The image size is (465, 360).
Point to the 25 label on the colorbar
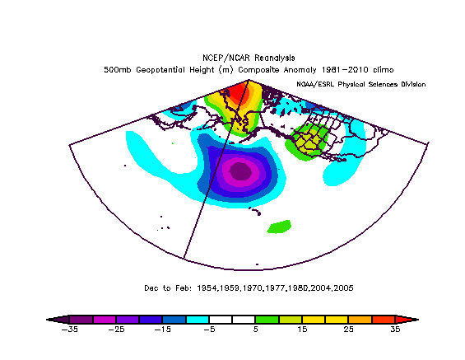click(x=350, y=329)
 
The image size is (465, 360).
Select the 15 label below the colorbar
click(x=301, y=329)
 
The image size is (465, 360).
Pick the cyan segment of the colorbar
click(x=197, y=319)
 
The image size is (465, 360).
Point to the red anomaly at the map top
click(x=239, y=95)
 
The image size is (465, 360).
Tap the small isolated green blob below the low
click(x=280, y=224)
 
